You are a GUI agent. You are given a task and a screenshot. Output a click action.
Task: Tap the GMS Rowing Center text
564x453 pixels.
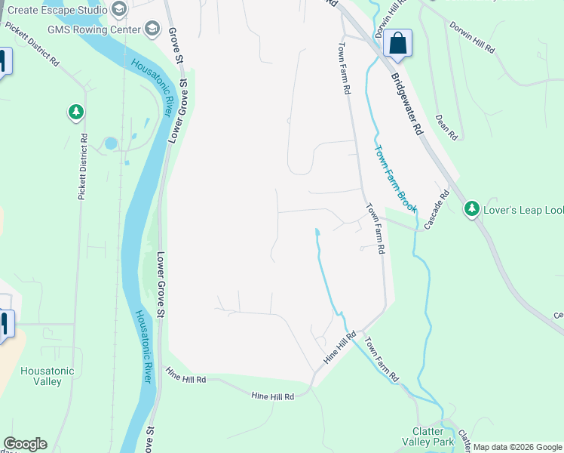[x=94, y=29]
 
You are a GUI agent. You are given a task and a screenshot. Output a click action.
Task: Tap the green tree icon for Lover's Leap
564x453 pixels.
[x=472, y=208]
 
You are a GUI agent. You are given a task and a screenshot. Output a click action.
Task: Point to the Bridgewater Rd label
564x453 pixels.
[x=408, y=104]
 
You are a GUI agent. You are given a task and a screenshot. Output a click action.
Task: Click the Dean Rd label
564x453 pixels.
[x=446, y=128]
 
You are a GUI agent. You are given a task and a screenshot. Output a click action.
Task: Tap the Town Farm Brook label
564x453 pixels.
[x=396, y=177]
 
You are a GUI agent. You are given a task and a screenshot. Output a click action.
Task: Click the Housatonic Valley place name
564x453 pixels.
[x=48, y=376]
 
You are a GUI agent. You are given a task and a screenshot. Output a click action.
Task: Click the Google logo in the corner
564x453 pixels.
[x=25, y=444]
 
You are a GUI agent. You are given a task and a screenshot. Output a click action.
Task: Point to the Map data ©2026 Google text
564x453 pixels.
[x=517, y=447]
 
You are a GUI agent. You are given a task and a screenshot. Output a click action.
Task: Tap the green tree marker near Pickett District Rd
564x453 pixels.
[x=75, y=112]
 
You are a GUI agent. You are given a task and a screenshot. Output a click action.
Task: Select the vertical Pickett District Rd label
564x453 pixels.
[x=83, y=168]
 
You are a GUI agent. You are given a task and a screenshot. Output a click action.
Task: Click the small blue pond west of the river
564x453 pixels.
[x=112, y=143]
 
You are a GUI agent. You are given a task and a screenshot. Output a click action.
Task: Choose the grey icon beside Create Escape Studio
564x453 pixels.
[x=118, y=8]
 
